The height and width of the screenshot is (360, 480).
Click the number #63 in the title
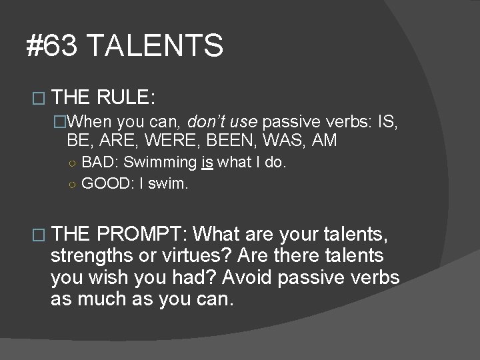53,47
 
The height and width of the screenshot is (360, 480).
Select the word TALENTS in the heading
155,47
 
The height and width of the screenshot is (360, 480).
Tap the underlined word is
208,163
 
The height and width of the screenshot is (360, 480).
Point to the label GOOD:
108,183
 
